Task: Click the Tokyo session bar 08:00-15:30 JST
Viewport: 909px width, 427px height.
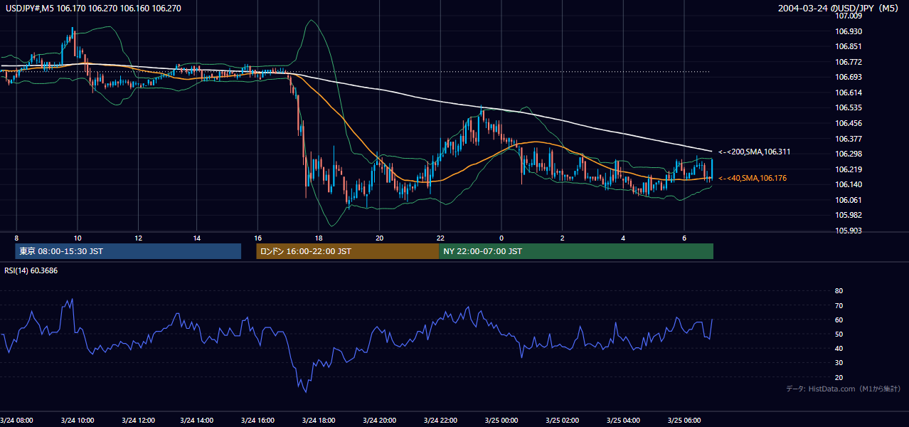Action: (128, 251)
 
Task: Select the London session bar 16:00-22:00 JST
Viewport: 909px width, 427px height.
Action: (347, 251)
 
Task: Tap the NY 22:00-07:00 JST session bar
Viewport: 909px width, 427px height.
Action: (576, 251)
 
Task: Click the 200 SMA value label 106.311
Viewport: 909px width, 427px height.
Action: (755, 152)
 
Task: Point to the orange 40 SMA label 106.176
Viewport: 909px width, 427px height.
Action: (753, 178)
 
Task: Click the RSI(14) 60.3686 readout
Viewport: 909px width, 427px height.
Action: (31, 270)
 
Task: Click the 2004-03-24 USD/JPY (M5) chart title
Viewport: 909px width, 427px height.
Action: (838, 8)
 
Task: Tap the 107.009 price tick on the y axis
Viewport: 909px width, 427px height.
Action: (849, 16)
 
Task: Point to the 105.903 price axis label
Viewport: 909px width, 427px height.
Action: (849, 231)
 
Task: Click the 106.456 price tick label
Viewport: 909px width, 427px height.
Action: (849, 123)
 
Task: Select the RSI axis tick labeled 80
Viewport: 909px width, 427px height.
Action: (839, 290)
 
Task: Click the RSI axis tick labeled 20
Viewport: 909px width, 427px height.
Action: (839, 377)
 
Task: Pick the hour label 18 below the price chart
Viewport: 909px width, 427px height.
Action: (319, 238)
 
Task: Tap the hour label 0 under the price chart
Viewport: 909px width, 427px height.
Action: (501, 238)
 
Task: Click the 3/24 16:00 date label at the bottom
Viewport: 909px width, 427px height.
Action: (257, 421)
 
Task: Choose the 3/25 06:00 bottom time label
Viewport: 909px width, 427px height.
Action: (684, 421)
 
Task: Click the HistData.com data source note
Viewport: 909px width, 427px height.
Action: (844, 389)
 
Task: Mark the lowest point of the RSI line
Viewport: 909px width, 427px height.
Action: (306, 392)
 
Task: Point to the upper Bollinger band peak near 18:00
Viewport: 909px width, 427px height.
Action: (312, 20)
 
